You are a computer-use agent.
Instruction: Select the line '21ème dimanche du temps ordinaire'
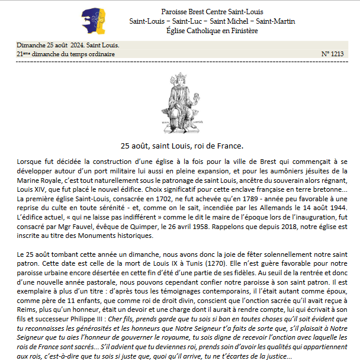click(x=66, y=54)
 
